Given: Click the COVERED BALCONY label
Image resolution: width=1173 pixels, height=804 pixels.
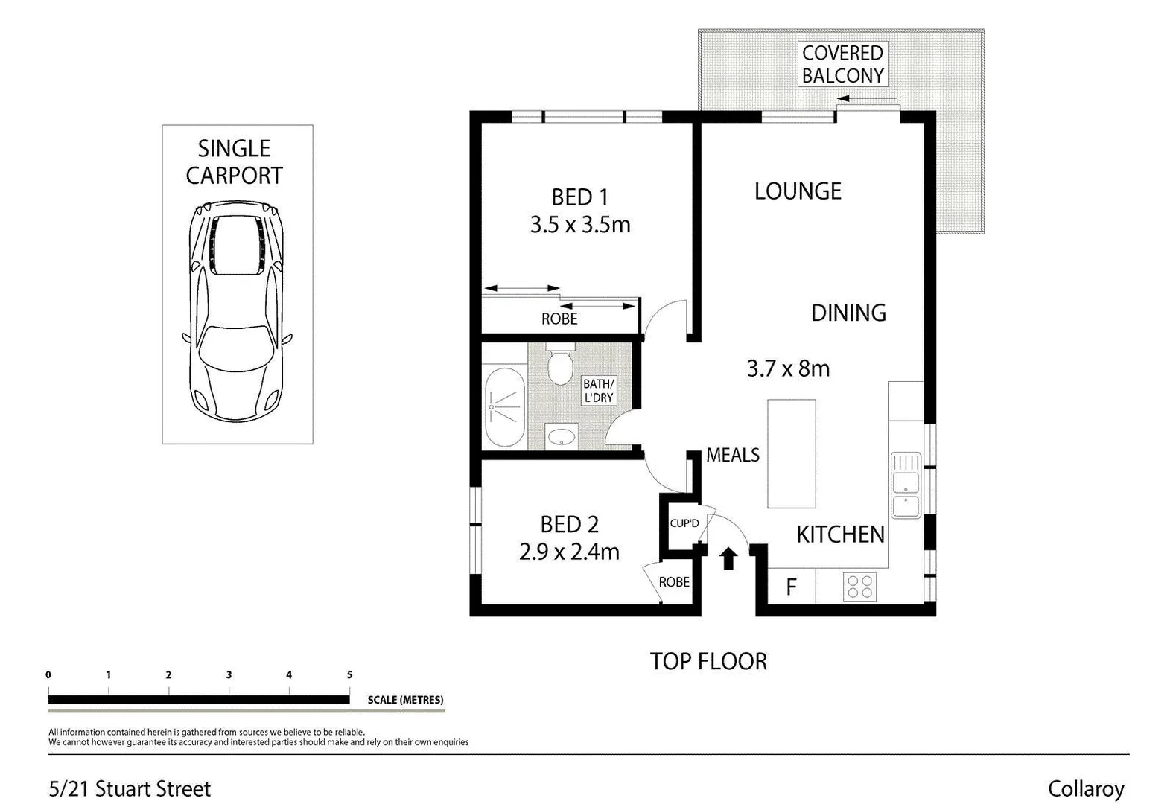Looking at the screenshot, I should coord(842,64).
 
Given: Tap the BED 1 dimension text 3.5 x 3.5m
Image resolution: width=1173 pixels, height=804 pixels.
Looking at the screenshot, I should coord(580,225).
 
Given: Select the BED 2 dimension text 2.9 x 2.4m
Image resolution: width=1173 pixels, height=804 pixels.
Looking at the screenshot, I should coord(569,552).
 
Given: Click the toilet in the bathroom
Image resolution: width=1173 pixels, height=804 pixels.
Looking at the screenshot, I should coord(559,366).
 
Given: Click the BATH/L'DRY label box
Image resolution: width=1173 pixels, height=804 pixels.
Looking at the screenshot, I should coord(598,391).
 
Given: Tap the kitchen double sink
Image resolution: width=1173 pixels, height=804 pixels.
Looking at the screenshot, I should coord(906,485).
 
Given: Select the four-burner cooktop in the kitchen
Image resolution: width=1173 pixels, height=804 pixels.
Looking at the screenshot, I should coord(859,587).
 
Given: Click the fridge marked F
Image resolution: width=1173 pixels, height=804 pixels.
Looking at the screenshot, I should coord(791,587).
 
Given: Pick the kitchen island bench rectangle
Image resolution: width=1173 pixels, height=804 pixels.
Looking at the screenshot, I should coord(792,453).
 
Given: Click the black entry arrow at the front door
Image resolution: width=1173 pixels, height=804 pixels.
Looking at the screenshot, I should coord(728,558).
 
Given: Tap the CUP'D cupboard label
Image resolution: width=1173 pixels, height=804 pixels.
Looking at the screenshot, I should coord(684,523).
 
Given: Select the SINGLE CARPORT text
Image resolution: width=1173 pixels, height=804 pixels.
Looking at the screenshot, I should coord(235,162).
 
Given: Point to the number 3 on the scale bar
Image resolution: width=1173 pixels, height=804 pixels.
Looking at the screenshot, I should coord(229,674).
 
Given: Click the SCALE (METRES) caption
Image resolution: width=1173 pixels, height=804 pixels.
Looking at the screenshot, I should coord(405,700).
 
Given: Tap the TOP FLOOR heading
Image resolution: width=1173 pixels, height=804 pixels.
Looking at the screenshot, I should coord(708,661).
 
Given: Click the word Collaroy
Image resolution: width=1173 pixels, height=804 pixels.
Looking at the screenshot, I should coord(1085,788).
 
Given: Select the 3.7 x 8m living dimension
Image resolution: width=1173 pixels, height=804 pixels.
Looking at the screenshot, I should coord(788,368).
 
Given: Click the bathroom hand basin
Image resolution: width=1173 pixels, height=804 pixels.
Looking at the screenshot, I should coord(559,436).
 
